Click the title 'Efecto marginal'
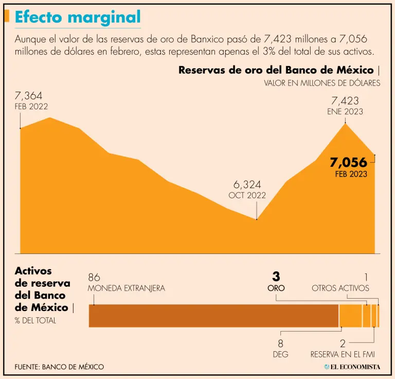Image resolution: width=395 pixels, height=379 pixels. pos(78,17)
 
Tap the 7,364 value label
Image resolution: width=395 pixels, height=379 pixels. pos(29,96)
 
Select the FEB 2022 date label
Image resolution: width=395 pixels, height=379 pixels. pos(31,107)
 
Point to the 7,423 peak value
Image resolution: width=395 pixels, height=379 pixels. pos(345,101)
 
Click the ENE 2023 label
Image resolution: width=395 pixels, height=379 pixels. pos(345,111)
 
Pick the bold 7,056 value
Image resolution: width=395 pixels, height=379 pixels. pos(349,163)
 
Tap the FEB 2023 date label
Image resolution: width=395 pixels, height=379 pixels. pos(351,174)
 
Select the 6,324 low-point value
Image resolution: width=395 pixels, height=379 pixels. pos(247,184)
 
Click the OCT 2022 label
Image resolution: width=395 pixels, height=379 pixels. pos(247,195)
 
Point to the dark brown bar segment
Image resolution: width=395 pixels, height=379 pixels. pos(213,316)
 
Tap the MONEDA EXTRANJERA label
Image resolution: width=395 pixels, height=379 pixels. pos(127,288)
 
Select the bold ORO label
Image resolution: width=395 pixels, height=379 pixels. pos(276,288)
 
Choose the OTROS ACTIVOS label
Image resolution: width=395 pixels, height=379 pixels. pos(340,288)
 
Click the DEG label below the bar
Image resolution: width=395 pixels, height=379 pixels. pos(280,354)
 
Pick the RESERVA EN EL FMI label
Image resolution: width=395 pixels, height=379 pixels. pos(343,354)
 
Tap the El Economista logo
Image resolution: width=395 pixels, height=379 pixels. pos(352,367)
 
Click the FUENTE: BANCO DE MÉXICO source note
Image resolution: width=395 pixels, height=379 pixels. pos(60,367)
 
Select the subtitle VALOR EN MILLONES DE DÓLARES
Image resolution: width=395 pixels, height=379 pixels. pos(322,83)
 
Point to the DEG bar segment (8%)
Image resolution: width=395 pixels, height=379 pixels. pos(351,316)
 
